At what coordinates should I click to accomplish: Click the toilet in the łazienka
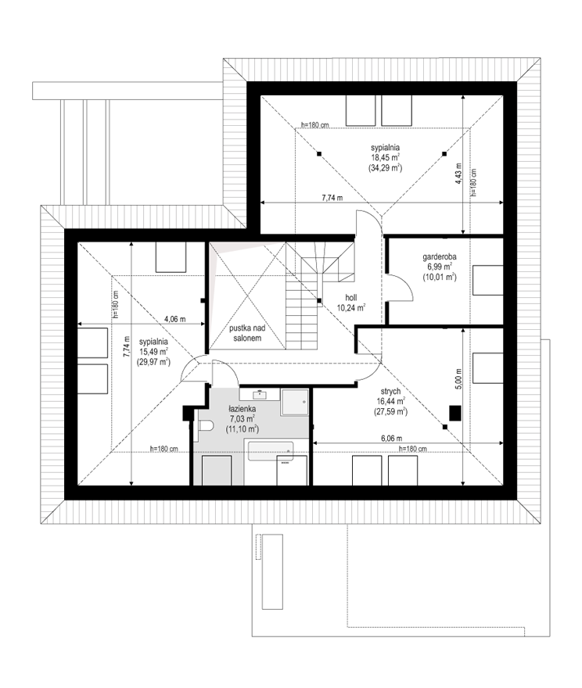[206, 425]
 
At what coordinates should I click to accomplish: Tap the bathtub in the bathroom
[271, 451]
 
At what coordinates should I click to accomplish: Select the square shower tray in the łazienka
[295, 402]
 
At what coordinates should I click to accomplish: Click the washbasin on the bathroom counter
[260, 394]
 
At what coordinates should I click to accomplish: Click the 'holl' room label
[351, 298]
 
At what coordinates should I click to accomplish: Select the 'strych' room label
[390, 392]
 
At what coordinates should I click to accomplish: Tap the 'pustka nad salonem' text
[247, 333]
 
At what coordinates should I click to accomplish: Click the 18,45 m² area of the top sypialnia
[385, 157]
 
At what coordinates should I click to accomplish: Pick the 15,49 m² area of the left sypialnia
[153, 352]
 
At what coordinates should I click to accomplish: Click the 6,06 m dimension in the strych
[391, 439]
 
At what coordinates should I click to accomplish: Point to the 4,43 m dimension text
[459, 174]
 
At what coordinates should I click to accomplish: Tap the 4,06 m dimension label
[174, 319]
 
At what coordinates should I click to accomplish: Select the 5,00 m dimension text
[459, 378]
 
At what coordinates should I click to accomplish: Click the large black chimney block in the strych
[454, 413]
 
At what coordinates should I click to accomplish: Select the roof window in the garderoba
[487, 280]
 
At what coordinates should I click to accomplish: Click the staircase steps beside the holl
[302, 315]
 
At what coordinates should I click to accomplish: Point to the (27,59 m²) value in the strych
[390, 412]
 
